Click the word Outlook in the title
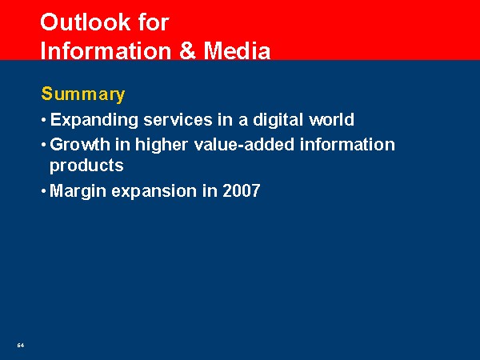click(85, 22)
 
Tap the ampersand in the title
click(188, 50)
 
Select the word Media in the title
click(237, 50)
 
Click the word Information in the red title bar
click(106, 50)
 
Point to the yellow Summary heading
click(83, 94)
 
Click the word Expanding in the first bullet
click(94, 120)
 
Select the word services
click(178, 119)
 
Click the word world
click(331, 119)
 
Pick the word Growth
click(80, 144)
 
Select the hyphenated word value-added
click(244, 144)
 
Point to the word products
click(86, 166)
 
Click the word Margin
click(78, 191)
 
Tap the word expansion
click(154, 191)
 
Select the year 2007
click(242, 190)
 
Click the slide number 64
click(21, 345)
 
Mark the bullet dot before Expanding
click(44, 120)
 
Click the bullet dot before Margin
click(44, 191)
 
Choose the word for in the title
click(154, 22)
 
